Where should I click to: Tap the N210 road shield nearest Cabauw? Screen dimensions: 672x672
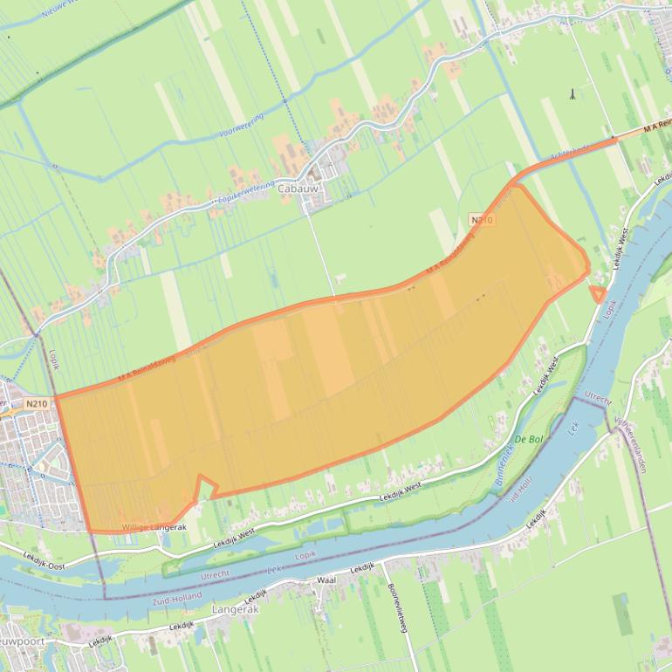(x=481, y=220)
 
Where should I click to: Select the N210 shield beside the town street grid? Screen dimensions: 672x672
(x=37, y=403)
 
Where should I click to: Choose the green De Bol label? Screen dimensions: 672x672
(x=529, y=438)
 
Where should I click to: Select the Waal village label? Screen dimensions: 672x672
(x=326, y=579)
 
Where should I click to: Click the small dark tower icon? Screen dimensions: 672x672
(x=572, y=93)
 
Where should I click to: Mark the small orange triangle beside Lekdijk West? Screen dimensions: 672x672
(x=598, y=294)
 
